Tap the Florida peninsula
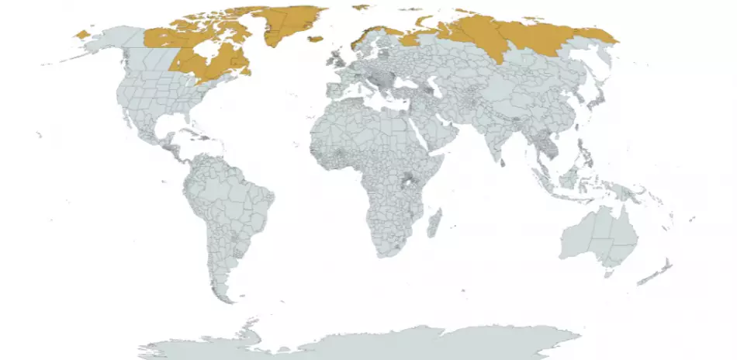click(x=176, y=122)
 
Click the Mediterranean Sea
click(x=372, y=99)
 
